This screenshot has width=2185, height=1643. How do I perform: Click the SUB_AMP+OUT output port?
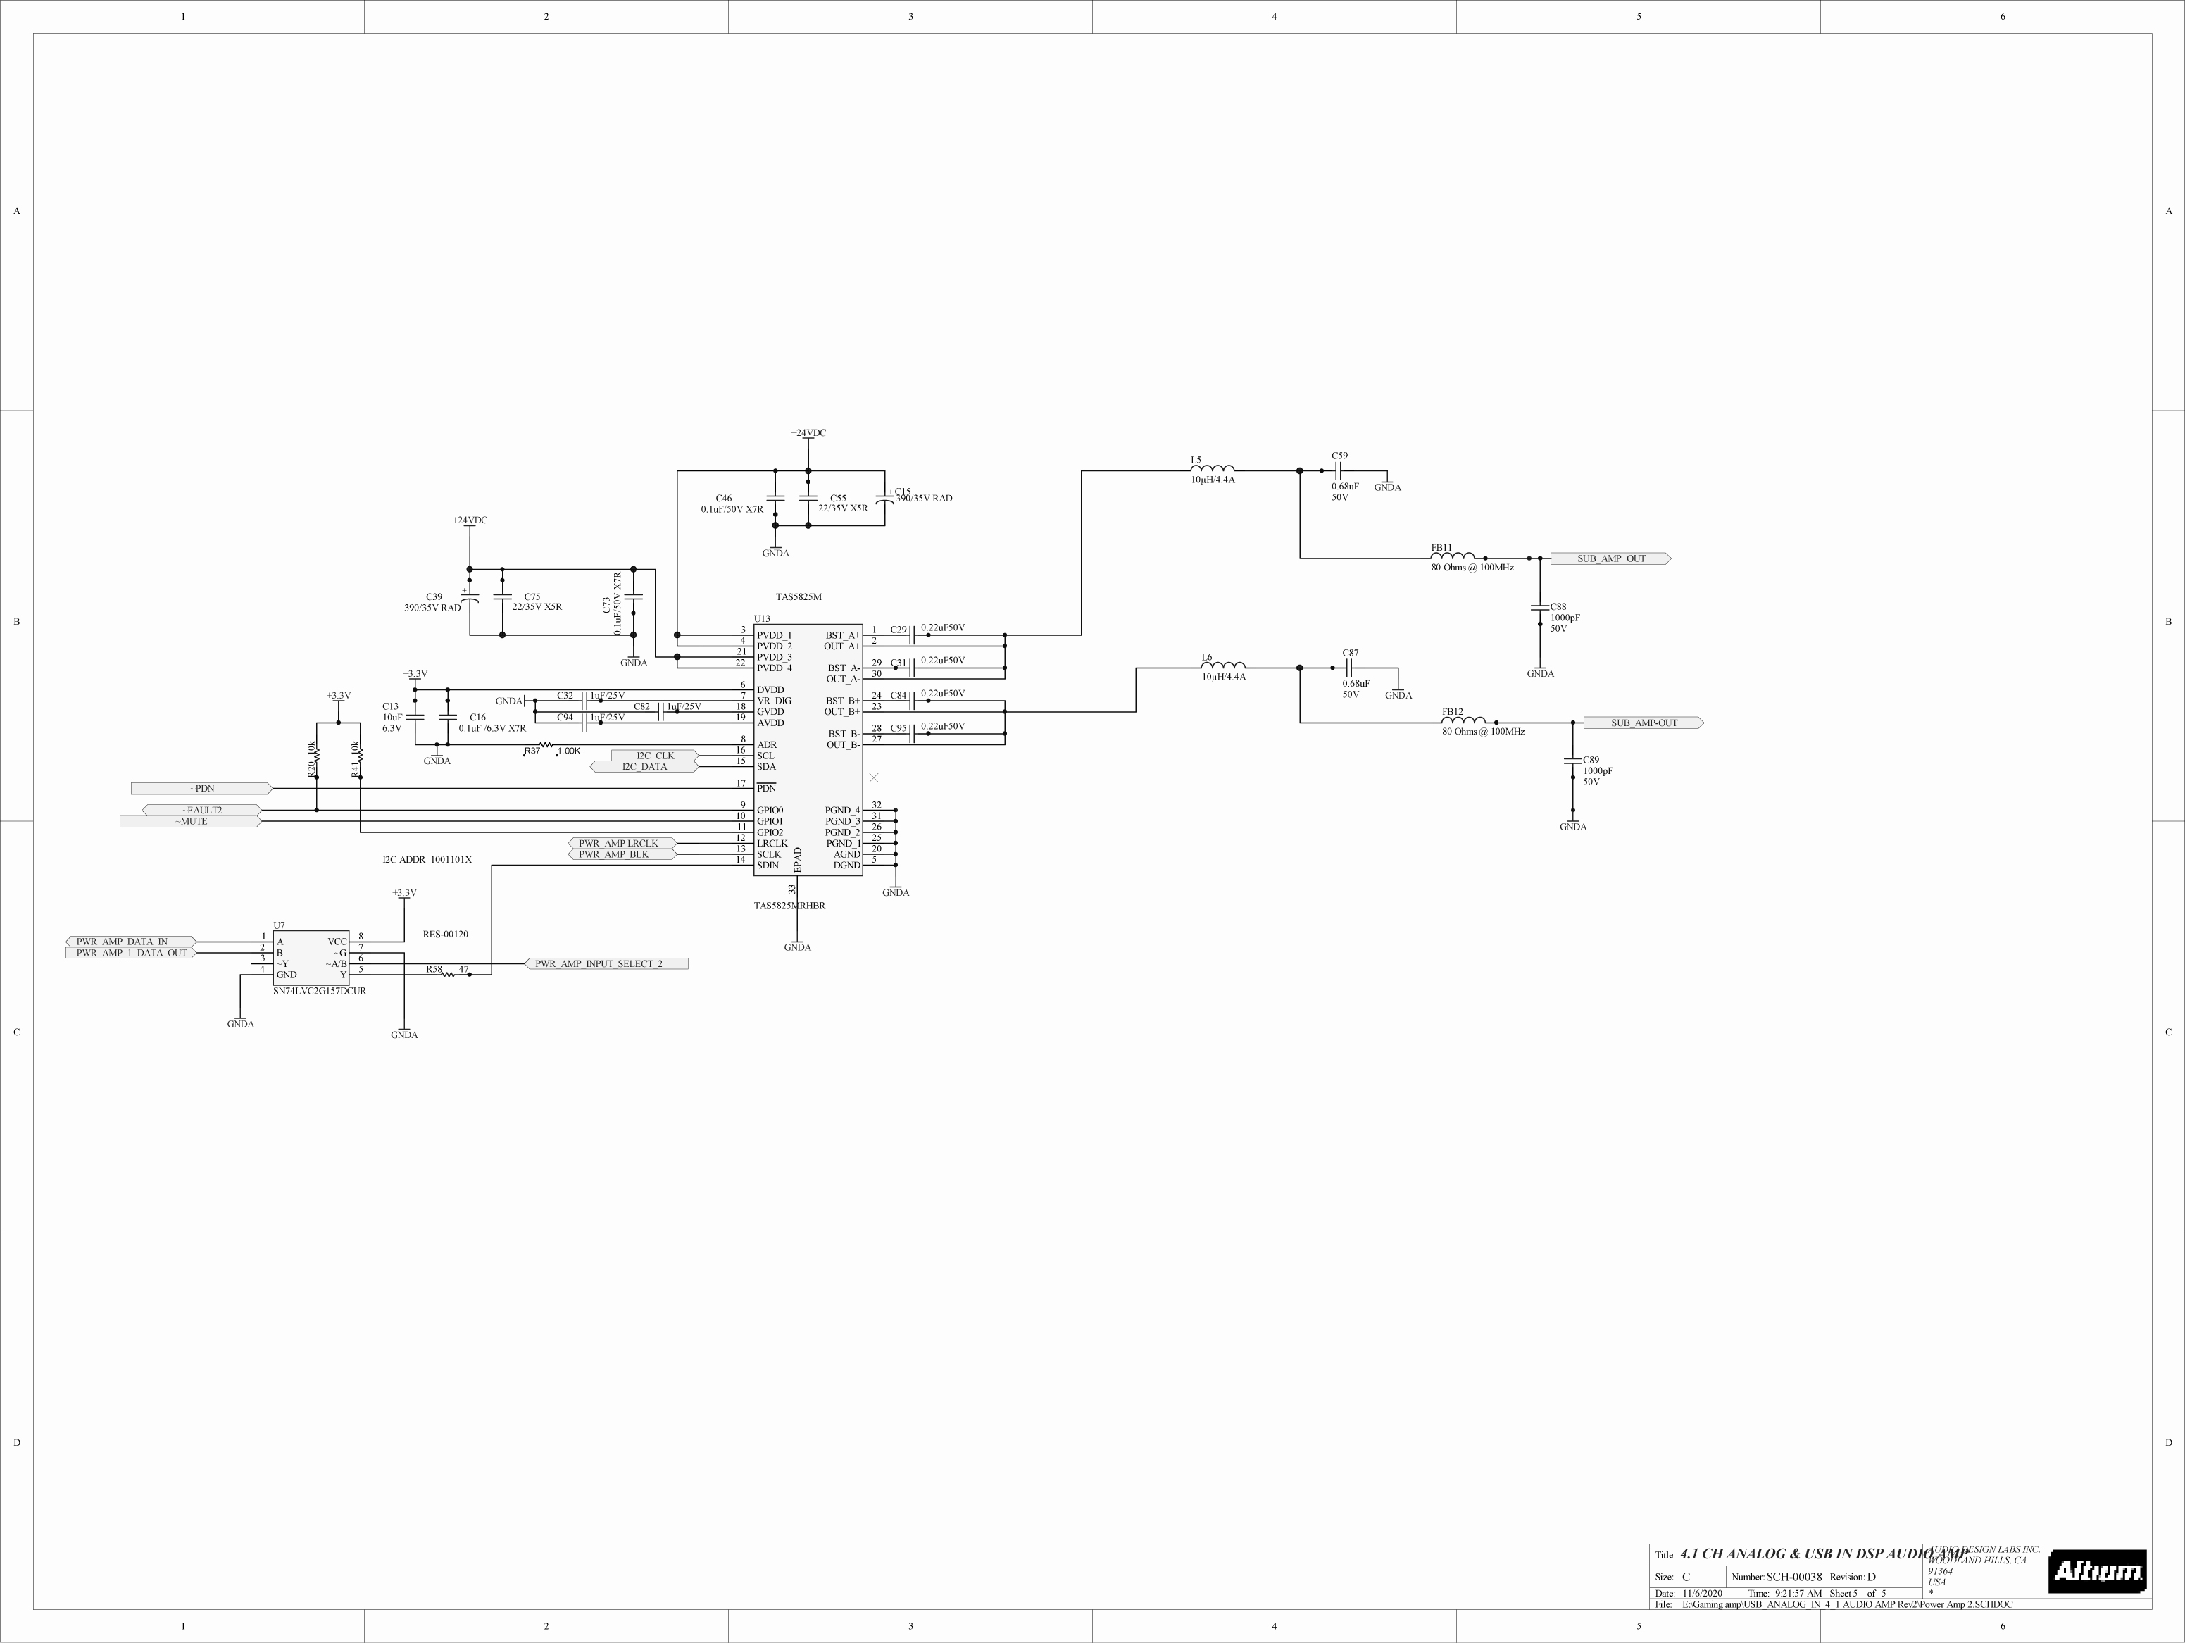coord(1610,559)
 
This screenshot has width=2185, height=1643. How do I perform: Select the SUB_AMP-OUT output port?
coord(1644,723)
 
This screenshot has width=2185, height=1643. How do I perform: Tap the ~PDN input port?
coord(201,789)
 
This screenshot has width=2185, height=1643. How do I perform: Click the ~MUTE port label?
coord(191,821)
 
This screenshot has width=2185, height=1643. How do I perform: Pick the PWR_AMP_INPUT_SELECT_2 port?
coord(606,963)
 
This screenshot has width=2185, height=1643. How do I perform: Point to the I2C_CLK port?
coord(654,756)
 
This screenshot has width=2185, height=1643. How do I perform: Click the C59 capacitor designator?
coord(1339,456)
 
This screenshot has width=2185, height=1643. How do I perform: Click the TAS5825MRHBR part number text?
coord(789,906)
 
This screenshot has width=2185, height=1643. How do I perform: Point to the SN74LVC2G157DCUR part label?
coord(319,991)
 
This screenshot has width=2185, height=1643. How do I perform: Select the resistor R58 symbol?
coord(449,974)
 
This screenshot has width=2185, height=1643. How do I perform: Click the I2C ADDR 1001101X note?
coord(427,860)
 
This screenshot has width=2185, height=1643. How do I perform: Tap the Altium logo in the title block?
coord(2096,1571)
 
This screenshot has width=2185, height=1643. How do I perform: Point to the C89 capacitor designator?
coord(1591,761)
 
